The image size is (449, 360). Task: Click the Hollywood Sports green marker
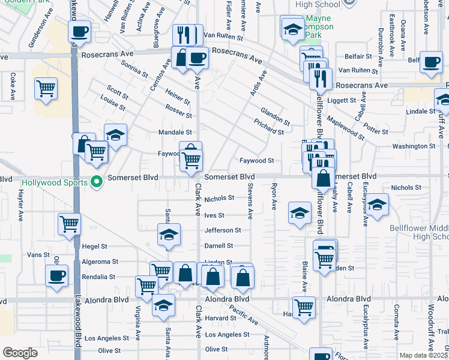pyautogui.click(x=95, y=182)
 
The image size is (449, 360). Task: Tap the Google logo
pyautogui.click(x=20, y=353)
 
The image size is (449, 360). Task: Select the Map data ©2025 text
pyautogui.click(x=423, y=355)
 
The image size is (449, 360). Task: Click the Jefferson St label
pyautogui.click(x=222, y=230)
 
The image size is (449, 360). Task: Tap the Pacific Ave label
pyautogui.click(x=244, y=313)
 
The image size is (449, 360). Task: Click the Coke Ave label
pyautogui.click(x=13, y=86)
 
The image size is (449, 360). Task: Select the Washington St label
pyautogui.click(x=414, y=146)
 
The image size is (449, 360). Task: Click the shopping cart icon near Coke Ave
pyautogui.click(x=46, y=89)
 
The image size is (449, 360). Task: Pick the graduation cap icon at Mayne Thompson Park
pyautogui.click(x=292, y=29)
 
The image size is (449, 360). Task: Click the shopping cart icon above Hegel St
pyautogui.click(x=70, y=224)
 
